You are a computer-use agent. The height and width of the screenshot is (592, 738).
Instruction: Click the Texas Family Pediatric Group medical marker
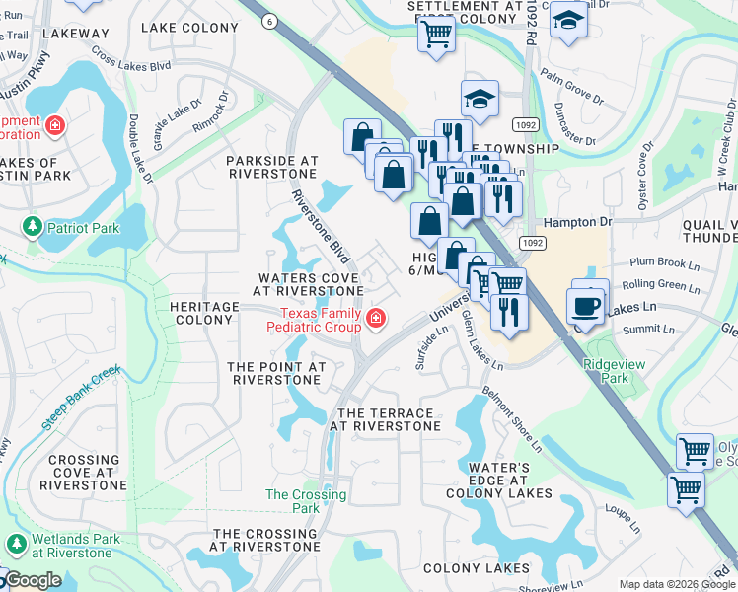375,318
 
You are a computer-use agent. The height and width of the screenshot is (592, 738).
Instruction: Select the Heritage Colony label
204,313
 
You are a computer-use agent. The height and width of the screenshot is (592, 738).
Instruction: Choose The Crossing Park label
306,501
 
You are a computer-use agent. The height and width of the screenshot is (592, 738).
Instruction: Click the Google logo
36,581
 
